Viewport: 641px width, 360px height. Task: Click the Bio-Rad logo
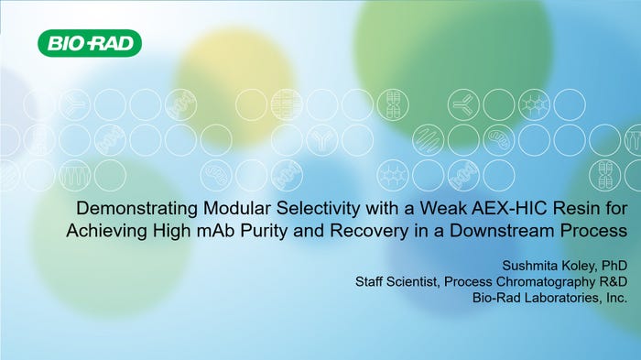click(90, 42)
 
